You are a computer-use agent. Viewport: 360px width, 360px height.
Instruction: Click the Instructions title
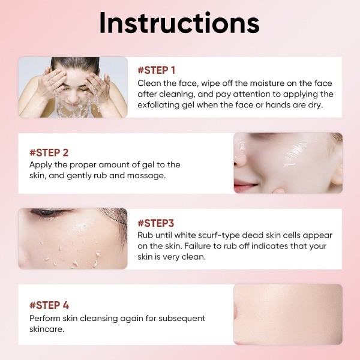coord(179,23)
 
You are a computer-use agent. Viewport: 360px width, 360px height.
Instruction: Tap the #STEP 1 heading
coord(157,70)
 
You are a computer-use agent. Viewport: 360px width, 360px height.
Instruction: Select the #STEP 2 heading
coord(49,152)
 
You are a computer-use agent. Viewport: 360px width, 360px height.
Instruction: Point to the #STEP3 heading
coord(156,223)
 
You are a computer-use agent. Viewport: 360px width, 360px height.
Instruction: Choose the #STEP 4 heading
coord(49,305)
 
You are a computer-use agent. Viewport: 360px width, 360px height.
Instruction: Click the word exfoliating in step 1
coord(158,105)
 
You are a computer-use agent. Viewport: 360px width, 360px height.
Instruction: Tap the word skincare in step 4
coord(47,329)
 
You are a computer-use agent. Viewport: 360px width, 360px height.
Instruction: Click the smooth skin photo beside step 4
coord(288,314)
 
